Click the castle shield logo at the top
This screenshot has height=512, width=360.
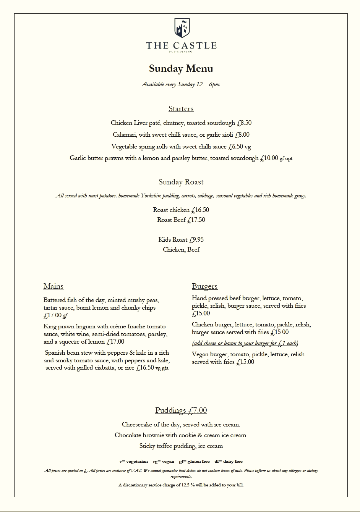point(182,28)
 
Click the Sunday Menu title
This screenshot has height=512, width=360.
point(181,69)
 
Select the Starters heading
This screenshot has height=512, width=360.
point(181,109)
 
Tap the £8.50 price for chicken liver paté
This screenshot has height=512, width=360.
point(244,123)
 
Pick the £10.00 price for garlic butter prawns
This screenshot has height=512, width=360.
point(269,158)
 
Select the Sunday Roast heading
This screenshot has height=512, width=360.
point(181,182)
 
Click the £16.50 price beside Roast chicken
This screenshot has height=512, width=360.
point(200,210)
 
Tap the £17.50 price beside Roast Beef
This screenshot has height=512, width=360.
point(196,220)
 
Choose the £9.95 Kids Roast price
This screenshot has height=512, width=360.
point(196,240)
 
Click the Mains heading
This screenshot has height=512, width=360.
point(54,286)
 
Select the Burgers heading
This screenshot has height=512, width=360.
point(204,286)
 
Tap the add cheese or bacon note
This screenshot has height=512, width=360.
point(245,343)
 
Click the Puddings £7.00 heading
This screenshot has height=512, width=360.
point(181,410)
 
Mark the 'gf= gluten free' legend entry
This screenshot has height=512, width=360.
point(194,461)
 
